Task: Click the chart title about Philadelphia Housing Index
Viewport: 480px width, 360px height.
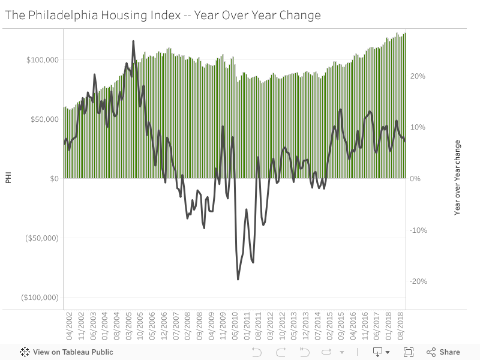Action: point(163,15)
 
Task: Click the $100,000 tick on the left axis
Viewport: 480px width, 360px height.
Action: point(42,60)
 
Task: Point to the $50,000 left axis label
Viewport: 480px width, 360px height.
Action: point(44,119)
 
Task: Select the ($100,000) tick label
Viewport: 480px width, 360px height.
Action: point(40,298)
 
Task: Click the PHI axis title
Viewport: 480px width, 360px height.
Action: point(8,178)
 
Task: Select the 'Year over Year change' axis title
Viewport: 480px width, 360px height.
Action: point(457,178)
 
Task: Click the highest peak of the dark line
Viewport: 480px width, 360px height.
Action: point(133,41)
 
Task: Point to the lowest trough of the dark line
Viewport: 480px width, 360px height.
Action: point(238,279)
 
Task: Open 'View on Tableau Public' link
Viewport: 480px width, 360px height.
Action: point(67,352)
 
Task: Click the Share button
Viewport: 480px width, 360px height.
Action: point(443,352)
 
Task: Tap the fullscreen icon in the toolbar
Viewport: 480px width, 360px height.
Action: point(409,352)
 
